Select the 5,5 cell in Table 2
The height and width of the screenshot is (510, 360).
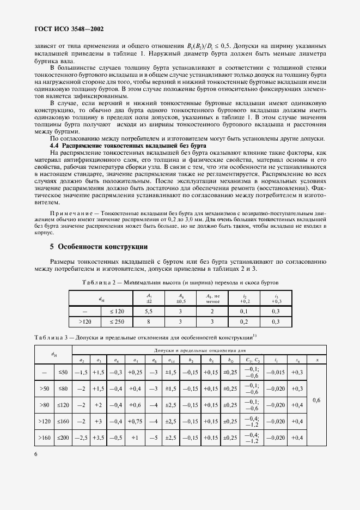click(x=149, y=310)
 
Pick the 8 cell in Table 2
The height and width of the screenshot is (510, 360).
click(x=149, y=322)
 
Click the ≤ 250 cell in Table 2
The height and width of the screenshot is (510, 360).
click(x=117, y=322)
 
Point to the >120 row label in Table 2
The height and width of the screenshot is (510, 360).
click(x=84, y=322)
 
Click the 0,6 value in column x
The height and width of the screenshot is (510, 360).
click(x=318, y=400)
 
